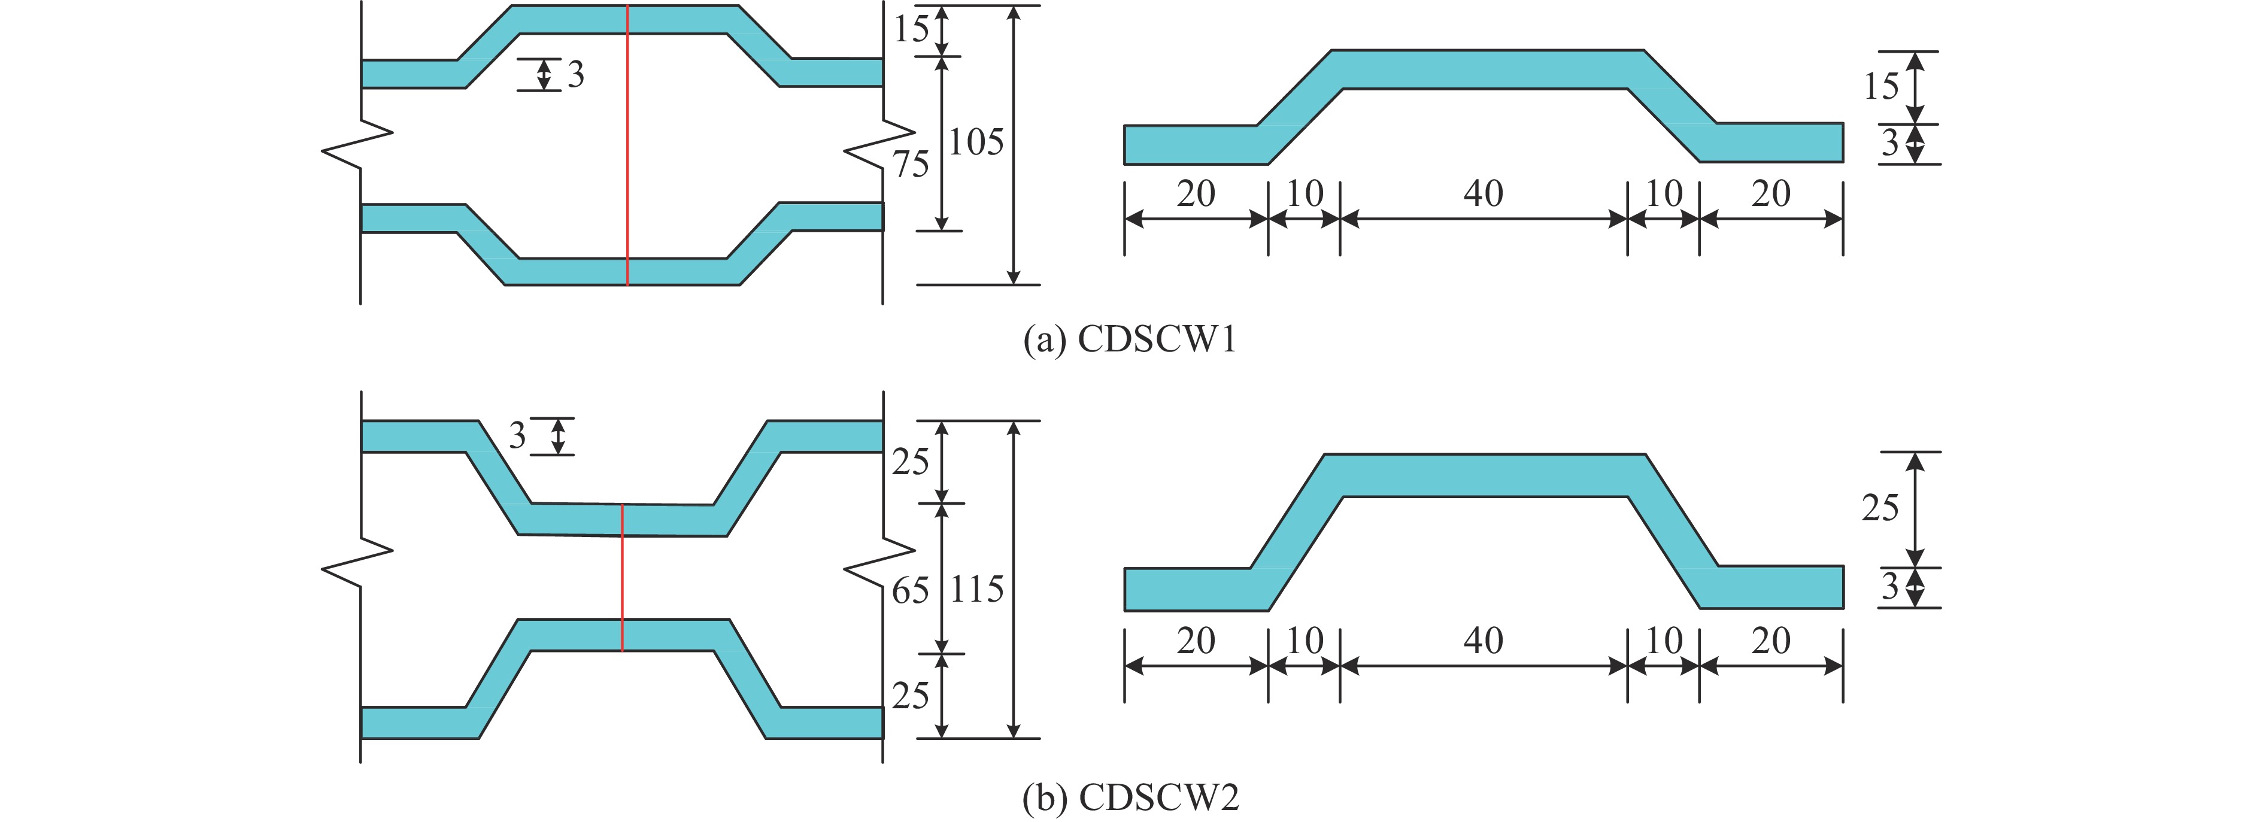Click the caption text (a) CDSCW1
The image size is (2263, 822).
pyautogui.click(x=1130, y=339)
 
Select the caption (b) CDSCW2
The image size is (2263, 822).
pyautogui.click(x=1130, y=797)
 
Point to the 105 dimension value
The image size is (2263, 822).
pyautogui.click(x=976, y=142)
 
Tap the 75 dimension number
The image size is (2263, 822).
pyautogui.click(x=911, y=164)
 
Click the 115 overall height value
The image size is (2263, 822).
pyautogui.click(x=977, y=589)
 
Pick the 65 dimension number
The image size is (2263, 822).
pyautogui.click(x=910, y=591)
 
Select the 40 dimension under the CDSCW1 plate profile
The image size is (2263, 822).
pyautogui.click(x=1483, y=193)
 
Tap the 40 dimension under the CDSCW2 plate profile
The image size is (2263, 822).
pyautogui.click(x=1483, y=640)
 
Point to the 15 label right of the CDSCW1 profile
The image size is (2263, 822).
pyautogui.click(x=1881, y=86)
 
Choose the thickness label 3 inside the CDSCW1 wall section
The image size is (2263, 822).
pyautogui.click(x=575, y=75)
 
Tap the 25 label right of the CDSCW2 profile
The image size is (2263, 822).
pyautogui.click(x=1880, y=508)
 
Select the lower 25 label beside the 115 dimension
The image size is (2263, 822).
pyautogui.click(x=910, y=696)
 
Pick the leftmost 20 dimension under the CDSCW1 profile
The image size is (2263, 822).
pyautogui.click(x=1196, y=193)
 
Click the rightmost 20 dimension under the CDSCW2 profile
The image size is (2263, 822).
pyautogui.click(x=1770, y=640)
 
